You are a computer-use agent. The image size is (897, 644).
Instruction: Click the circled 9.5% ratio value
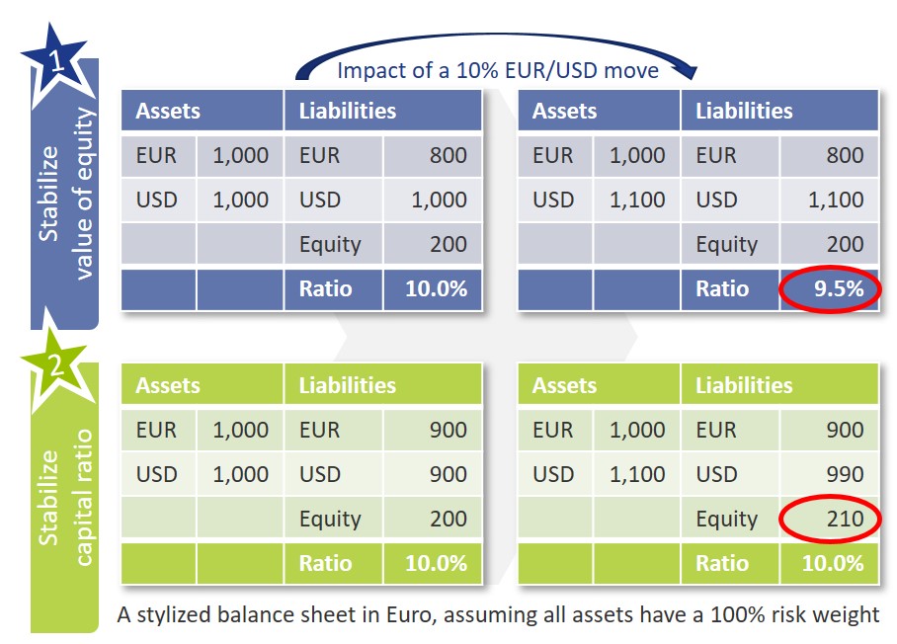click(x=839, y=288)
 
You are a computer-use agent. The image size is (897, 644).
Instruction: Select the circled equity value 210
click(x=845, y=519)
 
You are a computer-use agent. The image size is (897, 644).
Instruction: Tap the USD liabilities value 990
click(x=845, y=474)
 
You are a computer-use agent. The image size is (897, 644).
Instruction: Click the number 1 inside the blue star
click(x=57, y=60)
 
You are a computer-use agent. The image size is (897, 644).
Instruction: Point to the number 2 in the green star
click(x=55, y=364)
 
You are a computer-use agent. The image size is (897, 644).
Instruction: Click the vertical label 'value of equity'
click(x=84, y=194)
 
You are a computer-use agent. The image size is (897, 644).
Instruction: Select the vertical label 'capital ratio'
click(x=84, y=498)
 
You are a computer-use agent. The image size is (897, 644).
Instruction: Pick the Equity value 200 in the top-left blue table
click(x=448, y=244)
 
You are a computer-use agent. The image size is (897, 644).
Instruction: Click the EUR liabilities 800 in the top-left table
click(x=448, y=155)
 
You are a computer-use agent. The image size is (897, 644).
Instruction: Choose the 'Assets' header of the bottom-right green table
click(x=564, y=385)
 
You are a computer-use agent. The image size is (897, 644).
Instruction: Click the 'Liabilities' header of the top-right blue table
click(x=744, y=111)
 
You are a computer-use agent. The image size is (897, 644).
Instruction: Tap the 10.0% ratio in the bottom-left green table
click(x=436, y=563)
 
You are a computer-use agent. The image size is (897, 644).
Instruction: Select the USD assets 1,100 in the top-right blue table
click(x=637, y=200)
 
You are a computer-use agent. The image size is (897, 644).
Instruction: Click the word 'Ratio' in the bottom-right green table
click(x=722, y=563)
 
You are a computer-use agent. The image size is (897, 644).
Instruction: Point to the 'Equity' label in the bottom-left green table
click(x=330, y=520)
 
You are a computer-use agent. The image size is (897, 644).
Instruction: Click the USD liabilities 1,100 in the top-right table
click(x=836, y=200)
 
